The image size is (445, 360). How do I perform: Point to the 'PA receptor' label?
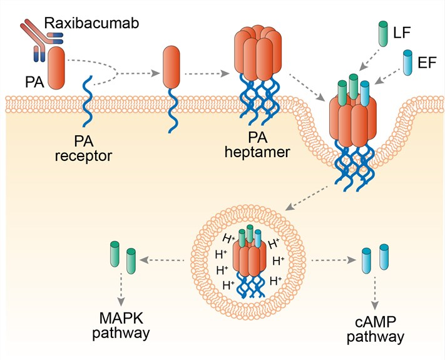[x=84, y=147]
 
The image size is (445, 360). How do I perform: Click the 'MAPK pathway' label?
[x=122, y=324]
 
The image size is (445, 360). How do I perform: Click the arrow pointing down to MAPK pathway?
[x=122, y=287]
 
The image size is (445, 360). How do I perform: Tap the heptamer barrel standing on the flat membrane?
[x=255, y=56]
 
